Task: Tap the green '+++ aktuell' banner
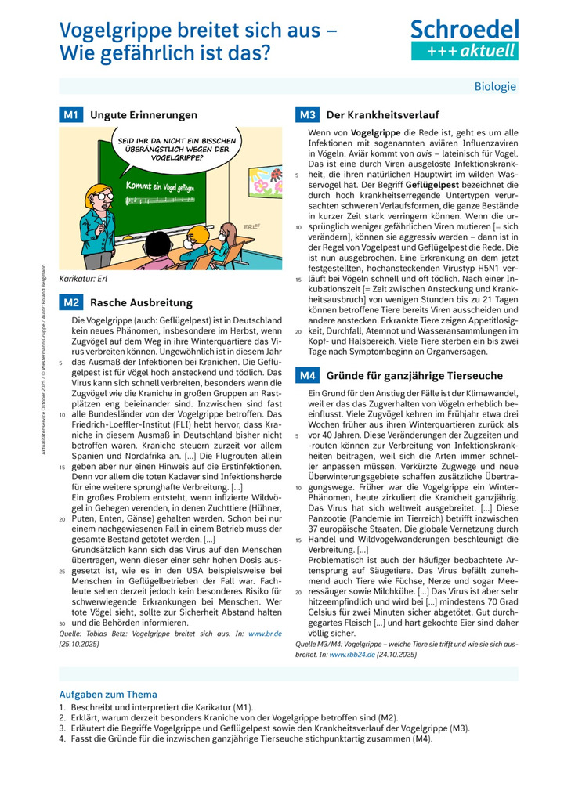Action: [x=465, y=51]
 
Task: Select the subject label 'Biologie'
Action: [x=495, y=86]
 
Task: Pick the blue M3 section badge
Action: [x=307, y=115]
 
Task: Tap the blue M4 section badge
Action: [x=307, y=375]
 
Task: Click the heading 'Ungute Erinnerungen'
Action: [x=143, y=115]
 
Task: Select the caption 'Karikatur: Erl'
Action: [x=83, y=278]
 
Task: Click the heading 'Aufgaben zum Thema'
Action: [x=108, y=694]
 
